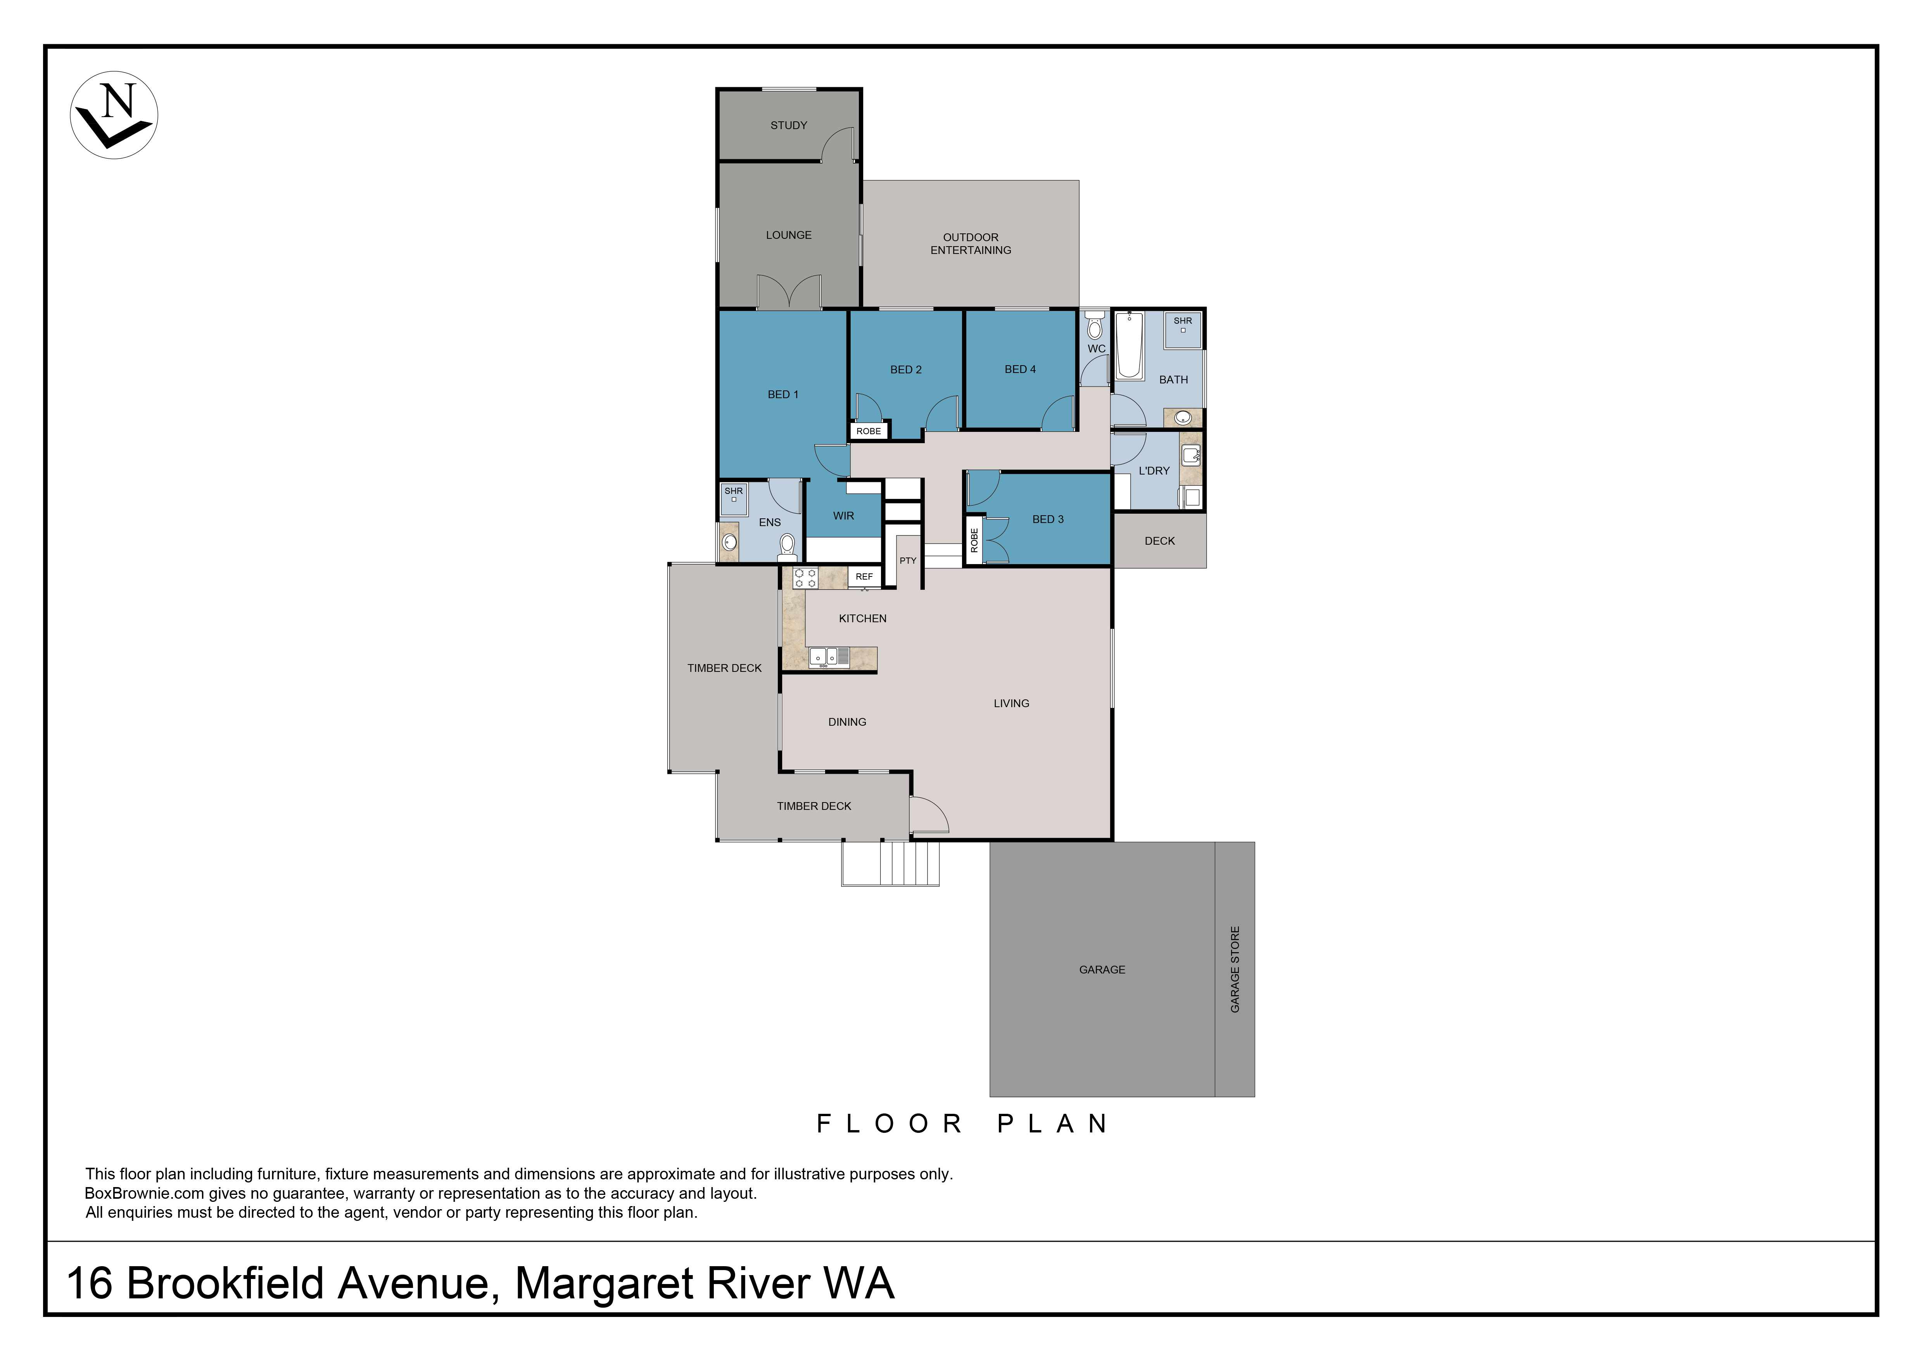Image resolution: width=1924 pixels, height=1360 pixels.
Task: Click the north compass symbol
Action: pos(114,115)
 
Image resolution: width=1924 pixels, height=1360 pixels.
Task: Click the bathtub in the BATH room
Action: pos(1129,345)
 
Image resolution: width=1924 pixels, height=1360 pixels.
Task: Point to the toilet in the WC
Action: pos(1094,325)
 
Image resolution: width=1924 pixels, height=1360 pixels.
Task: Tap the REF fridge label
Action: pos(864,576)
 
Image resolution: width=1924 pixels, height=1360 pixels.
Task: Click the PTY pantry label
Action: pos(908,561)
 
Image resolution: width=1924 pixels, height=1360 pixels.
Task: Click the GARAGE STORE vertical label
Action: pos(1234,970)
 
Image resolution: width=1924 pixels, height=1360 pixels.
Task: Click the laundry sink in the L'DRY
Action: pos(1191,456)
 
